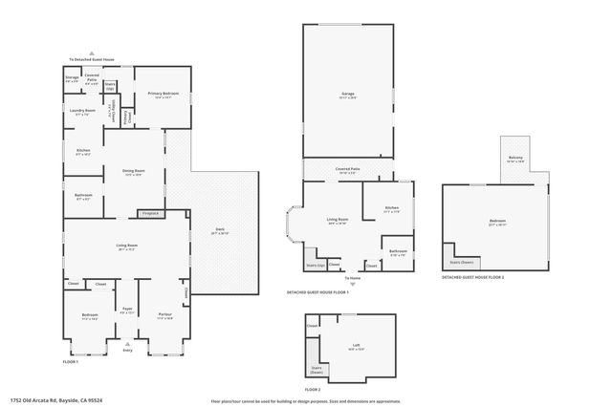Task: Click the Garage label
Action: pos(347,94)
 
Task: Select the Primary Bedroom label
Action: pos(164,94)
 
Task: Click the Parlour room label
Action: pos(164,313)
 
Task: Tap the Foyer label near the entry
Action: pos(127,310)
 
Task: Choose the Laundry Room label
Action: pos(84,112)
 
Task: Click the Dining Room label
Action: pos(133,172)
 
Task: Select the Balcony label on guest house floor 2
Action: pos(514,160)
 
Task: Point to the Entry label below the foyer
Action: pos(128,351)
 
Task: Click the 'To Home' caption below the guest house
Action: pos(354,277)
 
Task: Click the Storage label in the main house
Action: pos(72,77)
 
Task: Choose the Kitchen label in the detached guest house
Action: pos(391,208)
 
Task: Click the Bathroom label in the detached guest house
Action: pos(398,252)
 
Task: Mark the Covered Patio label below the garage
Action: pos(347,169)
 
